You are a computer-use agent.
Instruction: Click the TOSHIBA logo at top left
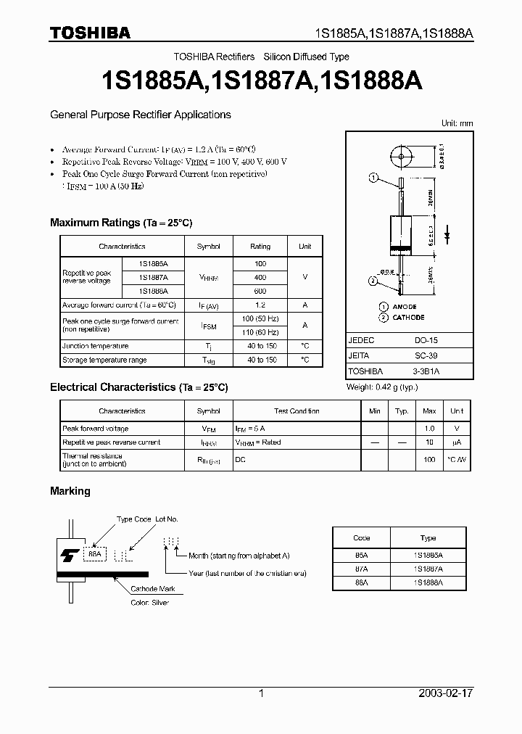tap(90, 32)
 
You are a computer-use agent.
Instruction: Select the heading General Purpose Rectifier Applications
tap(140, 115)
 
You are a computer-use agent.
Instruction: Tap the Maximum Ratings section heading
tap(121, 223)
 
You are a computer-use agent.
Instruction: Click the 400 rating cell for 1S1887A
tap(260, 277)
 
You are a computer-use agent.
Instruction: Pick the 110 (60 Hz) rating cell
tap(260, 331)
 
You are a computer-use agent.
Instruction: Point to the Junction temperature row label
tap(95, 347)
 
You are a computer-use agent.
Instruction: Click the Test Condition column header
tap(297, 411)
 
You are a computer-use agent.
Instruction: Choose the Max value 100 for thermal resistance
tap(429, 460)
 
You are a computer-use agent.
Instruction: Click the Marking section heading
tap(70, 491)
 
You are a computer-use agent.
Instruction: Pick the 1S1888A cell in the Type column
tap(428, 582)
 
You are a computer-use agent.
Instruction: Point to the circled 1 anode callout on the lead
tap(373, 178)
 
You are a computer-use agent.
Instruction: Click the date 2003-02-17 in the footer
tap(444, 693)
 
